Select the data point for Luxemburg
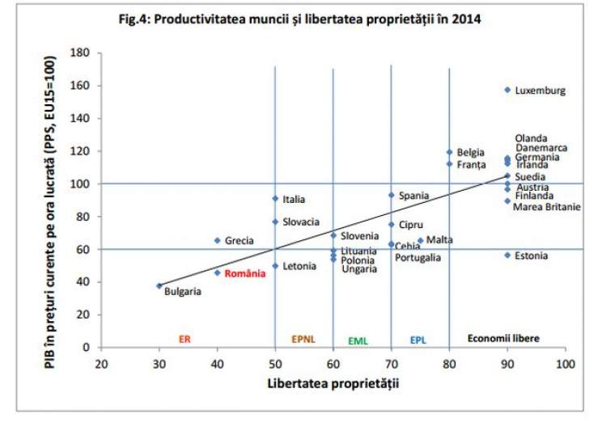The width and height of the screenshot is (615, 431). (507, 90)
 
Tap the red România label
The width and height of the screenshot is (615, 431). (245, 273)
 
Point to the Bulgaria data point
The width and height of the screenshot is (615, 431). (159, 285)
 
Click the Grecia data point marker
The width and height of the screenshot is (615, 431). (217, 240)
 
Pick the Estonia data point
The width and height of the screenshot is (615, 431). (507, 255)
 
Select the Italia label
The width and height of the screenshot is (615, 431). (294, 199)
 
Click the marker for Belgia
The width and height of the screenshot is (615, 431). (449, 152)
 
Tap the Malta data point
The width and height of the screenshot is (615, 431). (420, 240)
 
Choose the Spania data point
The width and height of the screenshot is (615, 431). (391, 195)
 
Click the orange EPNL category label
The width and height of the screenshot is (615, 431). (303, 340)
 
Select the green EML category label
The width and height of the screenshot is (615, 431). (358, 341)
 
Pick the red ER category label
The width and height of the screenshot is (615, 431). (184, 340)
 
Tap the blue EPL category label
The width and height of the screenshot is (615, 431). (418, 340)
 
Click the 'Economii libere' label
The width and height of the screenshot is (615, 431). (503, 338)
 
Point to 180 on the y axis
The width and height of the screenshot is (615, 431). (78, 53)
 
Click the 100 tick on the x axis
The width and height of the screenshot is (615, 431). (564, 363)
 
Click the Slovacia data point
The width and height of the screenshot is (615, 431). (275, 222)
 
